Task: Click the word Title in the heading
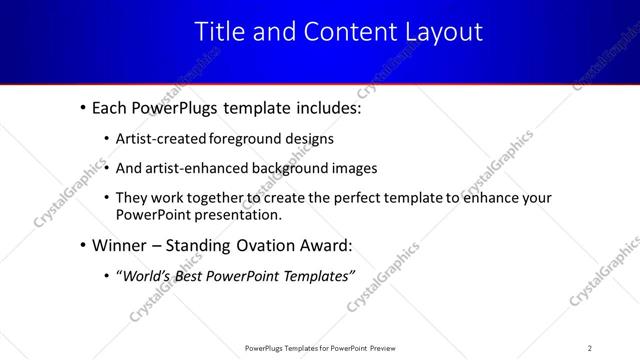pos(217,32)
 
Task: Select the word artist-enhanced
pos(194,168)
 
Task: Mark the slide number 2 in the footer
pos(590,347)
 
